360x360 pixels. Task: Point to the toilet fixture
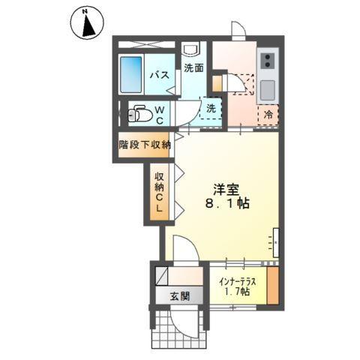point(136,115)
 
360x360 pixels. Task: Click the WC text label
point(159,115)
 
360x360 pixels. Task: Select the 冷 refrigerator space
point(268,114)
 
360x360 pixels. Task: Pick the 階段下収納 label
point(145,144)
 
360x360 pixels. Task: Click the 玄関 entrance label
point(179,295)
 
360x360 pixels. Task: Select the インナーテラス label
point(238,282)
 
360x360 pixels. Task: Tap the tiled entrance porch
point(179,325)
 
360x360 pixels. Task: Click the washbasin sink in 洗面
point(190,50)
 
